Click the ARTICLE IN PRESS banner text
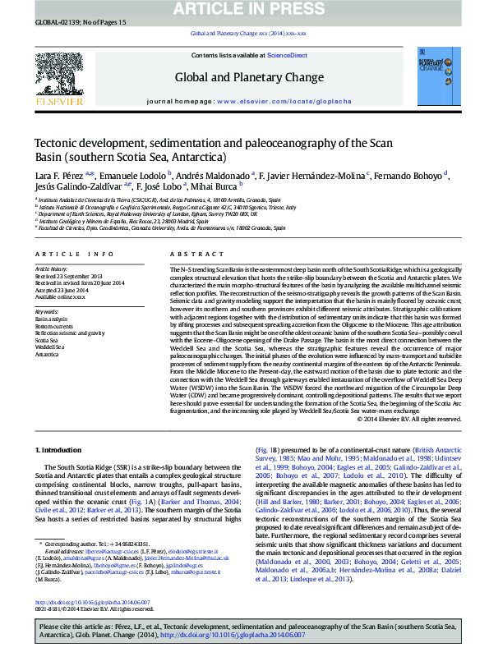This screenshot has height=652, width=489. (x=245, y=9)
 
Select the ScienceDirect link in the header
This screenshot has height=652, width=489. (x=288, y=55)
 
